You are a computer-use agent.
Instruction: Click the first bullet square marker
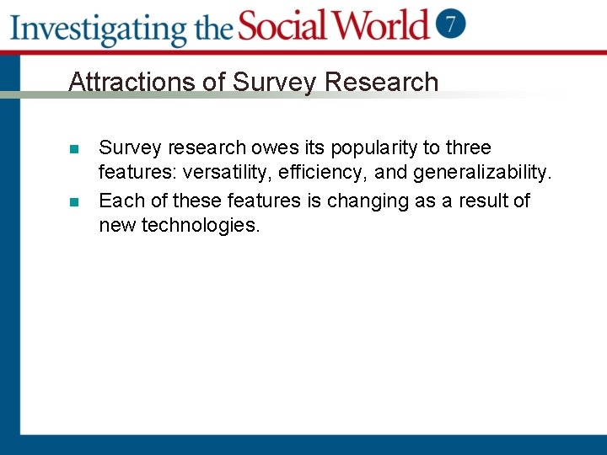click(74, 149)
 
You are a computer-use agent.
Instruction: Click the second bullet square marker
click(74, 202)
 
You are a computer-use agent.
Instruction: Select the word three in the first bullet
click(469, 148)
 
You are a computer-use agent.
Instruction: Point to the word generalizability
click(482, 174)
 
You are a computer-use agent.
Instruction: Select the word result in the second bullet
click(483, 201)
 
